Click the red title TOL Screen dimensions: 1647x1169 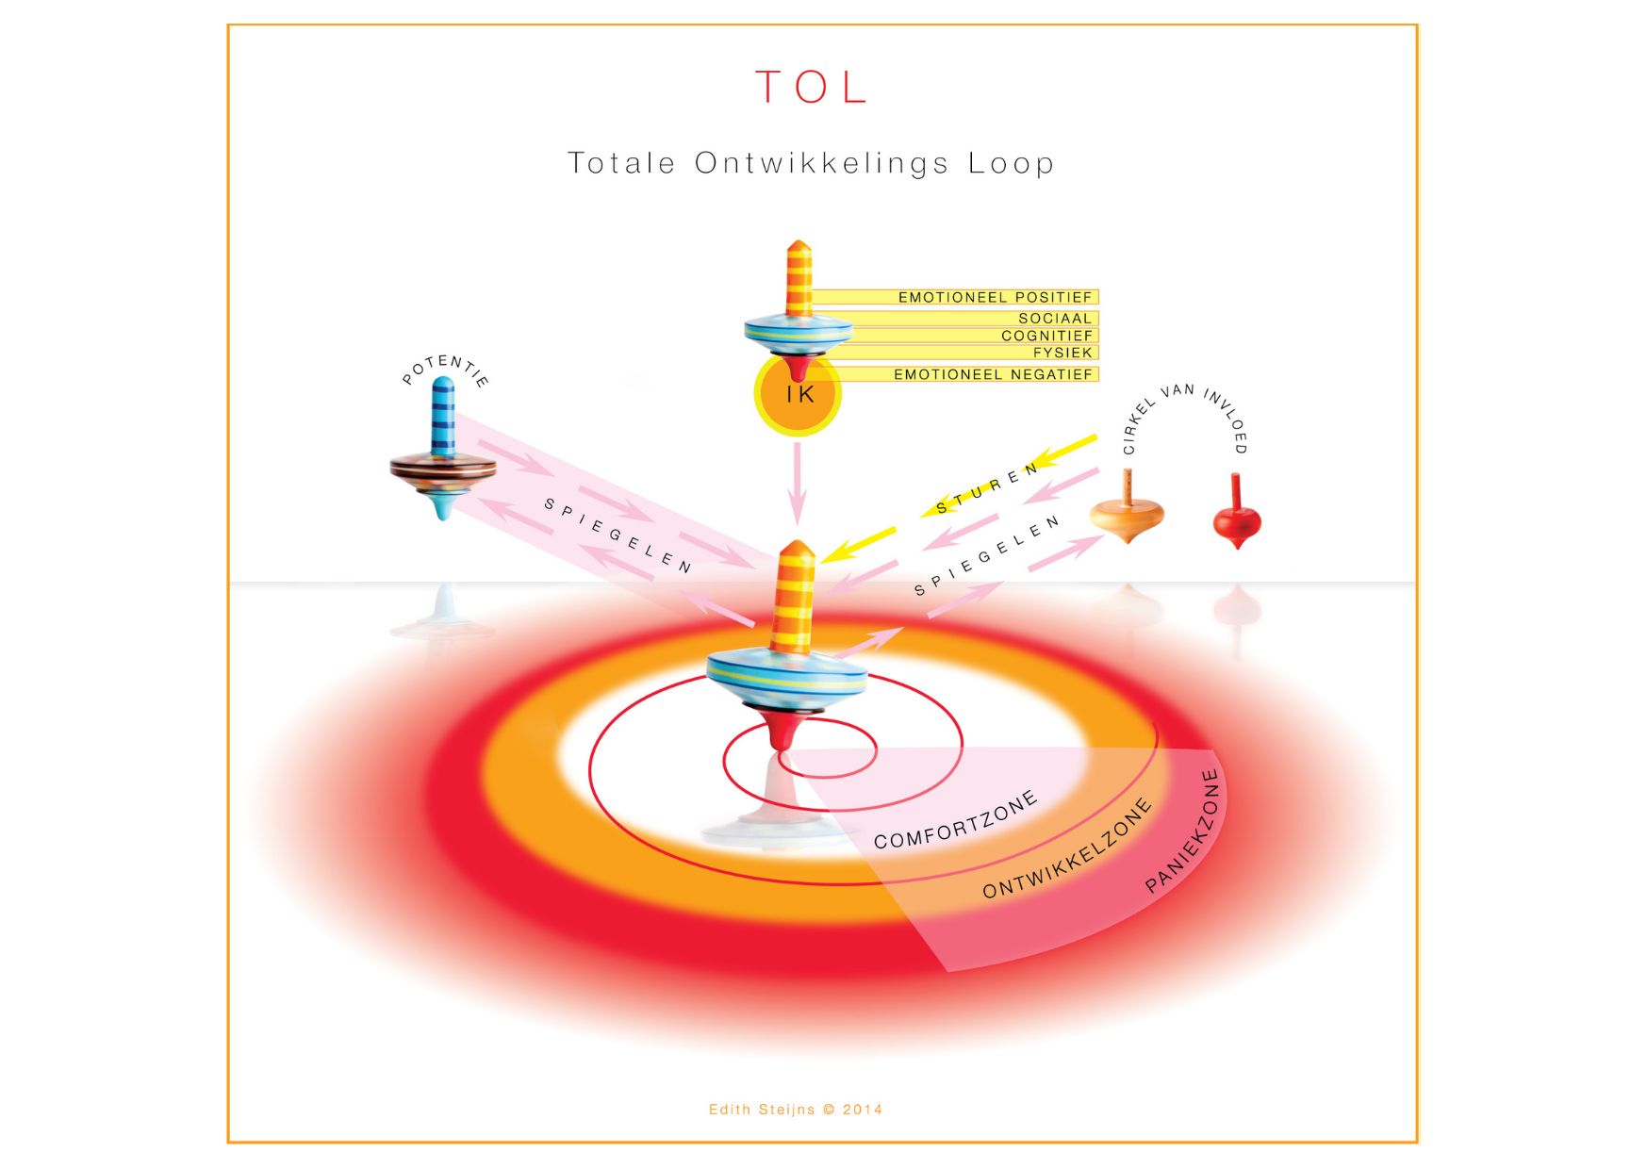pos(811,88)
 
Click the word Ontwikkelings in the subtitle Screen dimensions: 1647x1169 pos(821,163)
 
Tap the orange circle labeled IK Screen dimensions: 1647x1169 pos(798,394)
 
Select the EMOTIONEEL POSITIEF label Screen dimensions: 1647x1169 pos(995,297)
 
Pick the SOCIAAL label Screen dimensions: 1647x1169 pos(1055,319)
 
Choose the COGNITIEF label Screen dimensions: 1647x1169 pos(1046,336)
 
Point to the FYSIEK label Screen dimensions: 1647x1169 pos(1062,353)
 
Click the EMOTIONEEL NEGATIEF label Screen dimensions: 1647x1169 pos(993,374)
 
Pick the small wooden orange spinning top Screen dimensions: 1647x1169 pos(1128,511)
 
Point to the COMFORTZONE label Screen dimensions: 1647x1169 pos(956,820)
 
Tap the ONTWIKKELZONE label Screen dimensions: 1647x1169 pos(1067,848)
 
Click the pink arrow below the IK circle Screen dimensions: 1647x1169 pos(798,484)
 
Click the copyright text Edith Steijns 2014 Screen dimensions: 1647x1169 pos(796,1110)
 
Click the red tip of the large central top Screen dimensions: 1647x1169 pos(783,731)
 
